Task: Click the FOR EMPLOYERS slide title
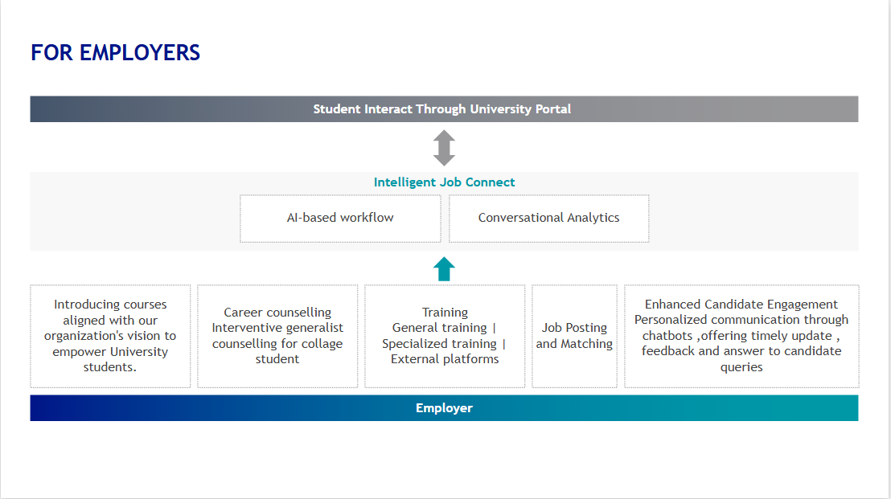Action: (115, 53)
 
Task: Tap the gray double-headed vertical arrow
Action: (444, 148)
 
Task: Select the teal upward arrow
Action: (444, 269)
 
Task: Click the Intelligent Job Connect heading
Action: (444, 182)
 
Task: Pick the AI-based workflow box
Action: (340, 219)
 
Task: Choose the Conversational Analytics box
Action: (549, 219)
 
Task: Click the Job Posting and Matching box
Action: (574, 336)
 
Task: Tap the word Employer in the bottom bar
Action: (444, 408)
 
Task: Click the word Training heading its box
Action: (445, 313)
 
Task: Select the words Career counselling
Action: (277, 313)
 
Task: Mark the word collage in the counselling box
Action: (322, 343)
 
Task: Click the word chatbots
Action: (667, 336)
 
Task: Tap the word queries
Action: (741, 367)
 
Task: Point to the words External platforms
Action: (445, 358)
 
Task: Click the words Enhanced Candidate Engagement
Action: (741, 305)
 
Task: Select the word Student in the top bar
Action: (337, 109)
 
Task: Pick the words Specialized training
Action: (439, 343)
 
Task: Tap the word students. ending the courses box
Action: (110, 366)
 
